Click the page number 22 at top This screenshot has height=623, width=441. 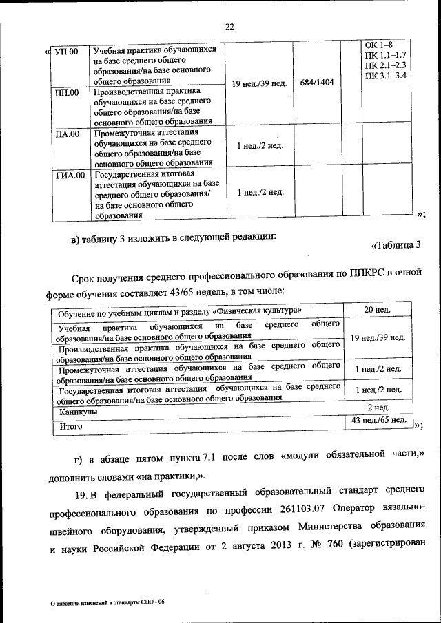pos(229,26)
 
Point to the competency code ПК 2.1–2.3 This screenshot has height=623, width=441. pos(386,64)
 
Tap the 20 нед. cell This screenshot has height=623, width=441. pos(378,310)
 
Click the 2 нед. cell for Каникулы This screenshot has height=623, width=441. pos(378,408)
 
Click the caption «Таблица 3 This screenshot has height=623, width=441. pos(396,245)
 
